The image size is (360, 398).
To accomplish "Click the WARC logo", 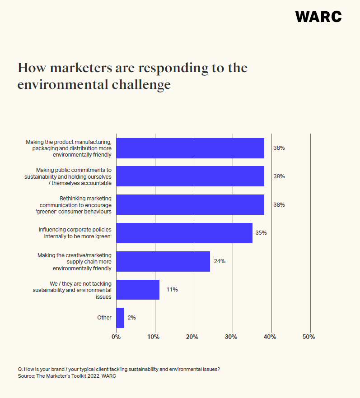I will click(x=318, y=17).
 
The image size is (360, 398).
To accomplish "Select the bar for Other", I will click(x=120, y=318).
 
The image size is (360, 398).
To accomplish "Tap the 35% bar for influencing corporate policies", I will click(x=184, y=233).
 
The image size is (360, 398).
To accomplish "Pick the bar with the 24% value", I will click(x=163, y=261).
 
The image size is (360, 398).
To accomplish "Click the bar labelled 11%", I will click(x=138, y=290).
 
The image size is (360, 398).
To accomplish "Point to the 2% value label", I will click(x=131, y=318).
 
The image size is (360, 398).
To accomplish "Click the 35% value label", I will click(x=261, y=233).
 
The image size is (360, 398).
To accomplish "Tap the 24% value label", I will click(x=220, y=261).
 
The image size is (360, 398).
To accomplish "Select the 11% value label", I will click(x=172, y=290).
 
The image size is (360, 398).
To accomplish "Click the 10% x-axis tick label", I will click(x=154, y=337).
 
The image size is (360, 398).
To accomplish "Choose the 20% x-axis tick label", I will click(x=193, y=337).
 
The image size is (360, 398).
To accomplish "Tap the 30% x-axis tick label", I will click(x=232, y=337).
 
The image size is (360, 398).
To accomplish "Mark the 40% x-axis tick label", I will click(x=271, y=337).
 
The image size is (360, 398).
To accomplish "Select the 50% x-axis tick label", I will click(x=309, y=337).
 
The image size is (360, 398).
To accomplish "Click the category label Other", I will click(x=104, y=318).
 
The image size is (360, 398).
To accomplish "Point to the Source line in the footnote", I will click(x=67, y=376).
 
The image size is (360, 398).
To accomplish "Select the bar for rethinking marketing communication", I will click(x=190, y=204).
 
